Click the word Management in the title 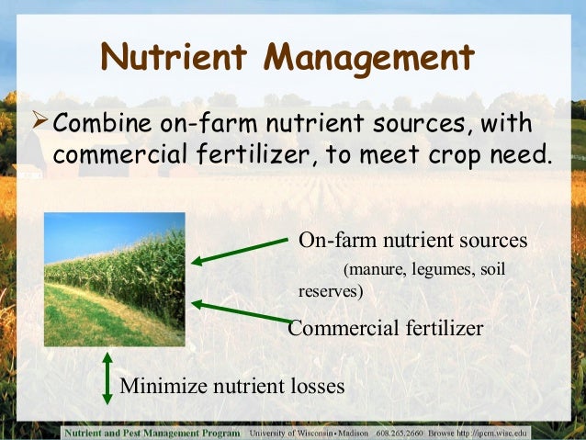[x=367, y=58]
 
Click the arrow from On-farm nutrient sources [x=239, y=251]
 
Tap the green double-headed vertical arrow [x=107, y=377]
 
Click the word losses [x=317, y=387]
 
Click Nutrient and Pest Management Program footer [x=152, y=432]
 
